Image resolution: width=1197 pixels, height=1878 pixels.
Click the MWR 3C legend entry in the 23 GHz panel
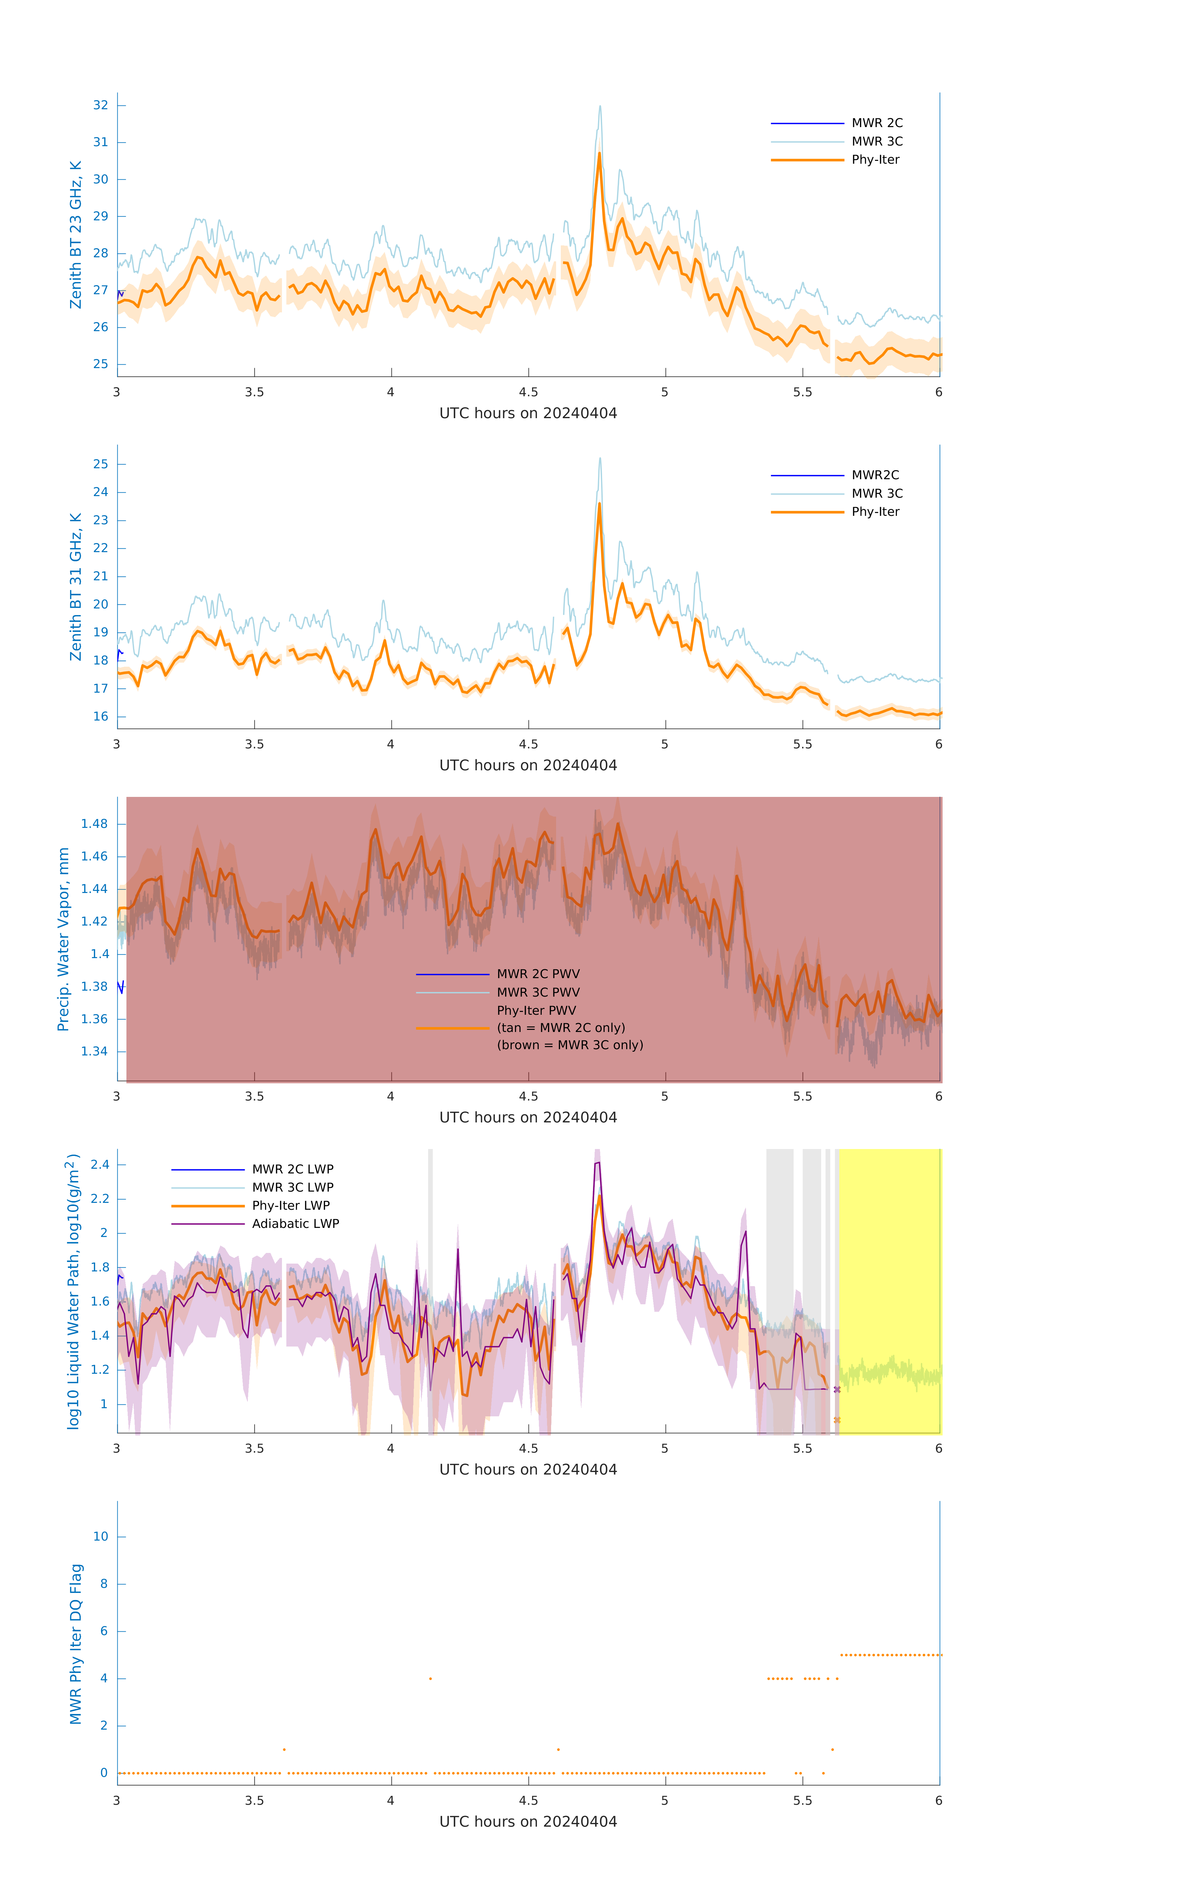pyautogui.click(x=877, y=141)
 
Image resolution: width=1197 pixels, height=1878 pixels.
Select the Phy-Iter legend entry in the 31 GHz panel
pyautogui.click(x=875, y=512)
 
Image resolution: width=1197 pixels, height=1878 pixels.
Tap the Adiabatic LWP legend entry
pyautogui.click(x=295, y=1224)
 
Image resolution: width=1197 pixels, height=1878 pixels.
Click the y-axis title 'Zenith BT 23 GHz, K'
pyautogui.click(x=76, y=235)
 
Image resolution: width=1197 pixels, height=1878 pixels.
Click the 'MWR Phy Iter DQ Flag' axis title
pyautogui.click(x=76, y=1644)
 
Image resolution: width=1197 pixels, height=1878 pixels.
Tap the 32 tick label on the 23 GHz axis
pyautogui.click(x=100, y=105)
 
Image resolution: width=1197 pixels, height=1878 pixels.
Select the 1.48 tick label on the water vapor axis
pyautogui.click(x=95, y=824)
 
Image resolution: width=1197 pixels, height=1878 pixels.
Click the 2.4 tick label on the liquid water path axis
pyautogui.click(x=100, y=1164)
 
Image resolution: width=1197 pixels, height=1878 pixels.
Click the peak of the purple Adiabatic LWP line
pyautogui.click(x=597, y=1163)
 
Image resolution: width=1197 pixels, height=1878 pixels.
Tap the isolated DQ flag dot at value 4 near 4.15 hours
pyautogui.click(x=431, y=1678)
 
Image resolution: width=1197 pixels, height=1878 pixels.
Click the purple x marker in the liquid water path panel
pyautogui.click(x=837, y=1390)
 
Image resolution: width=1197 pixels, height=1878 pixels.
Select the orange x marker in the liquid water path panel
pyautogui.click(x=837, y=1420)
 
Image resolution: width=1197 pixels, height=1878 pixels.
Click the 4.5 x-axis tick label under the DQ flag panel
pyautogui.click(x=528, y=1801)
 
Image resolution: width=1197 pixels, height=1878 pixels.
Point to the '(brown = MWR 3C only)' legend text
pyautogui.click(x=570, y=1045)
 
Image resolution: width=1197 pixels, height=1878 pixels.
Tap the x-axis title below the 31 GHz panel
pyautogui.click(x=528, y=765)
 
